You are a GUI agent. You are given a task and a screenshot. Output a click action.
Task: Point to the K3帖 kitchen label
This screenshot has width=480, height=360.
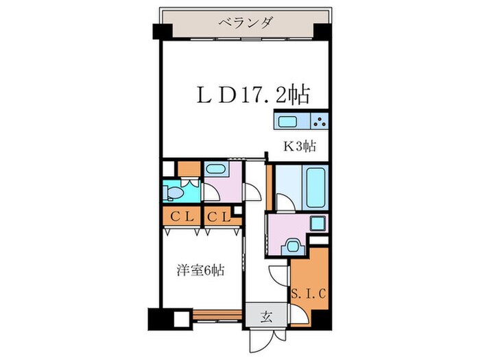[300, 146]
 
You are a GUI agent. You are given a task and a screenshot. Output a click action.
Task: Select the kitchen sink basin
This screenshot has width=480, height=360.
[287, 122]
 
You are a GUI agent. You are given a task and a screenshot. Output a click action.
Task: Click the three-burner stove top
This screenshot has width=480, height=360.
[320, 122]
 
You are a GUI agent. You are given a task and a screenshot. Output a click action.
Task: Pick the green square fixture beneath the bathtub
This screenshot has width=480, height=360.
[317, 224]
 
